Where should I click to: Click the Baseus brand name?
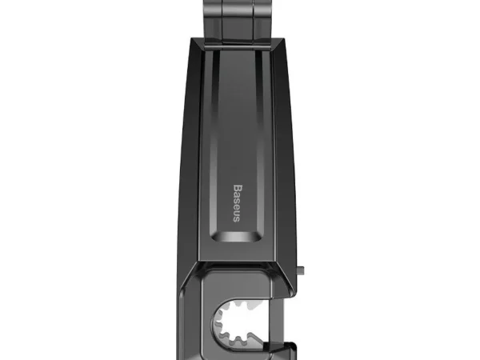[x=237, y=203]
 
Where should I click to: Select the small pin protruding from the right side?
[x=301, y=270]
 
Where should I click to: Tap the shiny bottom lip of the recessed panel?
[x=236, y=237]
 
